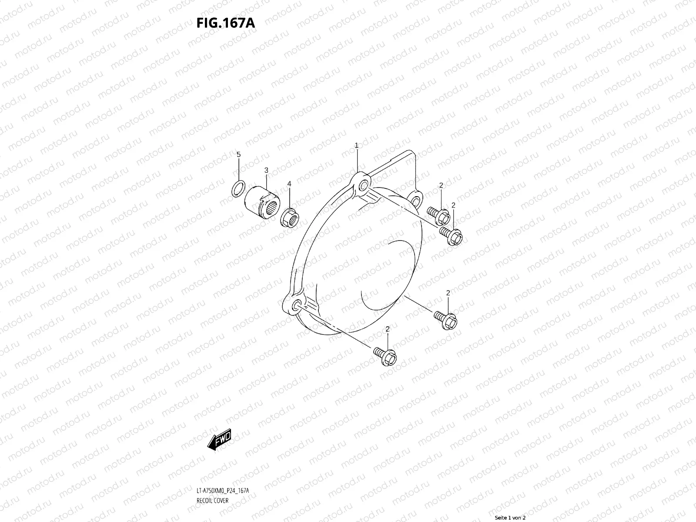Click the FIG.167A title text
coord(225,22)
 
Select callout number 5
coord(238,154)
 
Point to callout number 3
coord(266,170)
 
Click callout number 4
coord(289,184)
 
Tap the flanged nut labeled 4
coord(289,215)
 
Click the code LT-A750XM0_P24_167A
coord(223,491)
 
